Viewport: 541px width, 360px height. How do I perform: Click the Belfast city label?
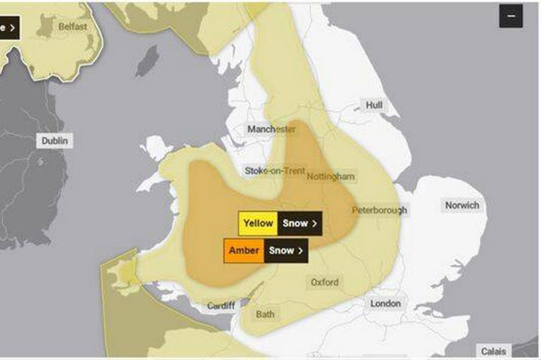point(73,26)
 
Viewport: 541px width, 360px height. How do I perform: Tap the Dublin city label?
point(55,141)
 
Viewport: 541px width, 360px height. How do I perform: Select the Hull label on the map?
point(374,105)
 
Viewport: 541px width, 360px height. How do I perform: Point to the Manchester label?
point(271,130)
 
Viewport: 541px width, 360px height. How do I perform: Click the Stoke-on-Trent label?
point(275,171)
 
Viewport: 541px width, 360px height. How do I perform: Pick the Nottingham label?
point(330,176)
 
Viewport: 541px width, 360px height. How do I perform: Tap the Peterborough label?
point(380,210)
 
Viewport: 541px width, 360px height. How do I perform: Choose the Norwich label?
point(462,205)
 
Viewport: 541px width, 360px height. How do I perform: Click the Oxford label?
point(325,283)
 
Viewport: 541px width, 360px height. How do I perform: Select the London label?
point(385,304)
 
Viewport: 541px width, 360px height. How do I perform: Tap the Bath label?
point(265,314)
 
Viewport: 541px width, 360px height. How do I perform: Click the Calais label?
point(493,351)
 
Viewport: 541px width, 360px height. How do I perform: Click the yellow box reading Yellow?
point(258,223)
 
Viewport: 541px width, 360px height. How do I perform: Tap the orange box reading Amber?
point(244,250)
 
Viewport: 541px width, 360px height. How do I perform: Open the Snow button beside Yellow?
point(300,223)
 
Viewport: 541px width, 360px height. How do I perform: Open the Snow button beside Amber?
point(287,250)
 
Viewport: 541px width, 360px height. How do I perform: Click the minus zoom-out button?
point(511,15)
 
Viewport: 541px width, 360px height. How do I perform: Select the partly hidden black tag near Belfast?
point(8,28)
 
